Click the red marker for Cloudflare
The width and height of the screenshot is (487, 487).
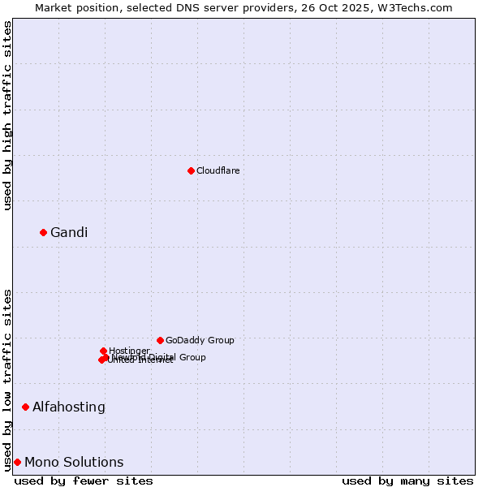point(191,170)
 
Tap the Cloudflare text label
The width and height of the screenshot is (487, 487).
point(218,170)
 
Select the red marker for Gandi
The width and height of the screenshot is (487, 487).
point(43,232)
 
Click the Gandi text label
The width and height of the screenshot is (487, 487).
point(69,233)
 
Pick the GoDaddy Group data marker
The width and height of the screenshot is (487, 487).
point(160,340)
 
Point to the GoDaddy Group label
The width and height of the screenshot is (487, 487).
point(200,340)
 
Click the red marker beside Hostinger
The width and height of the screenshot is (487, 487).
point(103,351)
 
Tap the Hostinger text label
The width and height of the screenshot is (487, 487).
point(130,351)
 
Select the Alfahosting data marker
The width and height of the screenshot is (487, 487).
point(25,407)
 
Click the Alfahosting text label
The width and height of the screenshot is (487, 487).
point(69,407)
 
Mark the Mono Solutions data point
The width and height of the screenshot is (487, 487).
point(17,462)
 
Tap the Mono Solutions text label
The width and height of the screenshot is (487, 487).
point(74,463)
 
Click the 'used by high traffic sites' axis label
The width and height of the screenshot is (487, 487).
point(8,115)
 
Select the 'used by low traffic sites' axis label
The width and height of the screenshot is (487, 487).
point(8,379)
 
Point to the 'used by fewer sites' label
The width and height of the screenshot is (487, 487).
point(84,481)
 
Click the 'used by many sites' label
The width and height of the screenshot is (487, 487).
point(407,481)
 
